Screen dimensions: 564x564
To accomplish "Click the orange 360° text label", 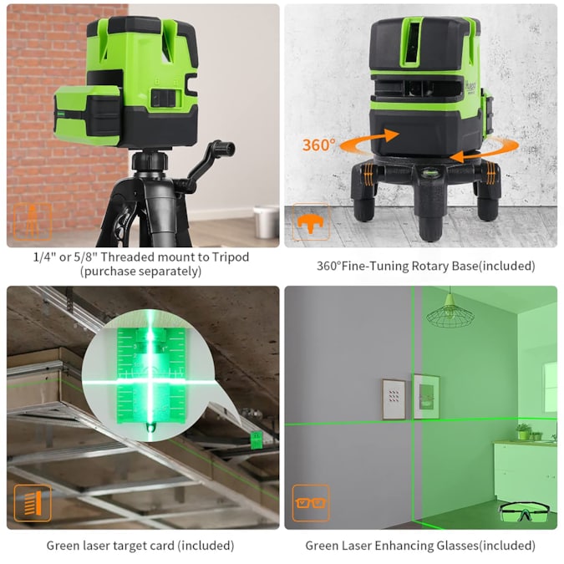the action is [318, 145].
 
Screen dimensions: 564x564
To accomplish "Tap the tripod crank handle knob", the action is [226, 147].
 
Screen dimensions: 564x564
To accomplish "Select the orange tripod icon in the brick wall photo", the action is [33, 222].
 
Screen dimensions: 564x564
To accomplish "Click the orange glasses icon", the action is [311, 503].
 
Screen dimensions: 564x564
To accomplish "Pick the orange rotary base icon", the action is [311, 222].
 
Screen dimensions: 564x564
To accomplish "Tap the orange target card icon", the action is [33, 503].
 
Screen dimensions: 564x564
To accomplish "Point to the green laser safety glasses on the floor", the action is [525, 511].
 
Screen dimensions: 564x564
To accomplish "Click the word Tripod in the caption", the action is [231, 257].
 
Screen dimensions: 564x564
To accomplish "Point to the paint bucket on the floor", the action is [266, 221].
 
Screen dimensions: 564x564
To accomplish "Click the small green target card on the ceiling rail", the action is [257, 440].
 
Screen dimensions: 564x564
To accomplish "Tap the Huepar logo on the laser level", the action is [470, 86].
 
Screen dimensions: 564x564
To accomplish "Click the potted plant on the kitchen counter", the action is [523, 431].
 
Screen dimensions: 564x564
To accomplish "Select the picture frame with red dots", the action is [394, 399].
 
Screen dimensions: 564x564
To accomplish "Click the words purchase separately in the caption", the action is [140, 271].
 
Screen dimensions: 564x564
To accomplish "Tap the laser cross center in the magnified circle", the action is [150, 380].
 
